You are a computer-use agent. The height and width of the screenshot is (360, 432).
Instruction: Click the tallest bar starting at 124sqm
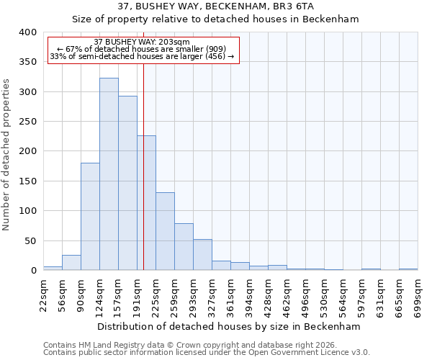(109, 174)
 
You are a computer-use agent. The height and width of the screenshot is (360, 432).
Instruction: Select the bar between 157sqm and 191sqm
(127, 183)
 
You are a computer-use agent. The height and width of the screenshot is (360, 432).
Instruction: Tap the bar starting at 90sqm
(90, 216)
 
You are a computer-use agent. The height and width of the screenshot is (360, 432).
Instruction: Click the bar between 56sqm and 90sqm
(71, 263)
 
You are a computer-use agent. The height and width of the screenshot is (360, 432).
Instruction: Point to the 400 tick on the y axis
(27, 32)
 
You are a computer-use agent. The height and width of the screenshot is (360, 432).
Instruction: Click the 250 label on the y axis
(27, 122)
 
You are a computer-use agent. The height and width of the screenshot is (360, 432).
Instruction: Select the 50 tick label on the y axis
(30, 241)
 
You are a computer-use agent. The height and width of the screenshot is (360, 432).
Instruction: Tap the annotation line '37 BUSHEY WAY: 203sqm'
(142, 42)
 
